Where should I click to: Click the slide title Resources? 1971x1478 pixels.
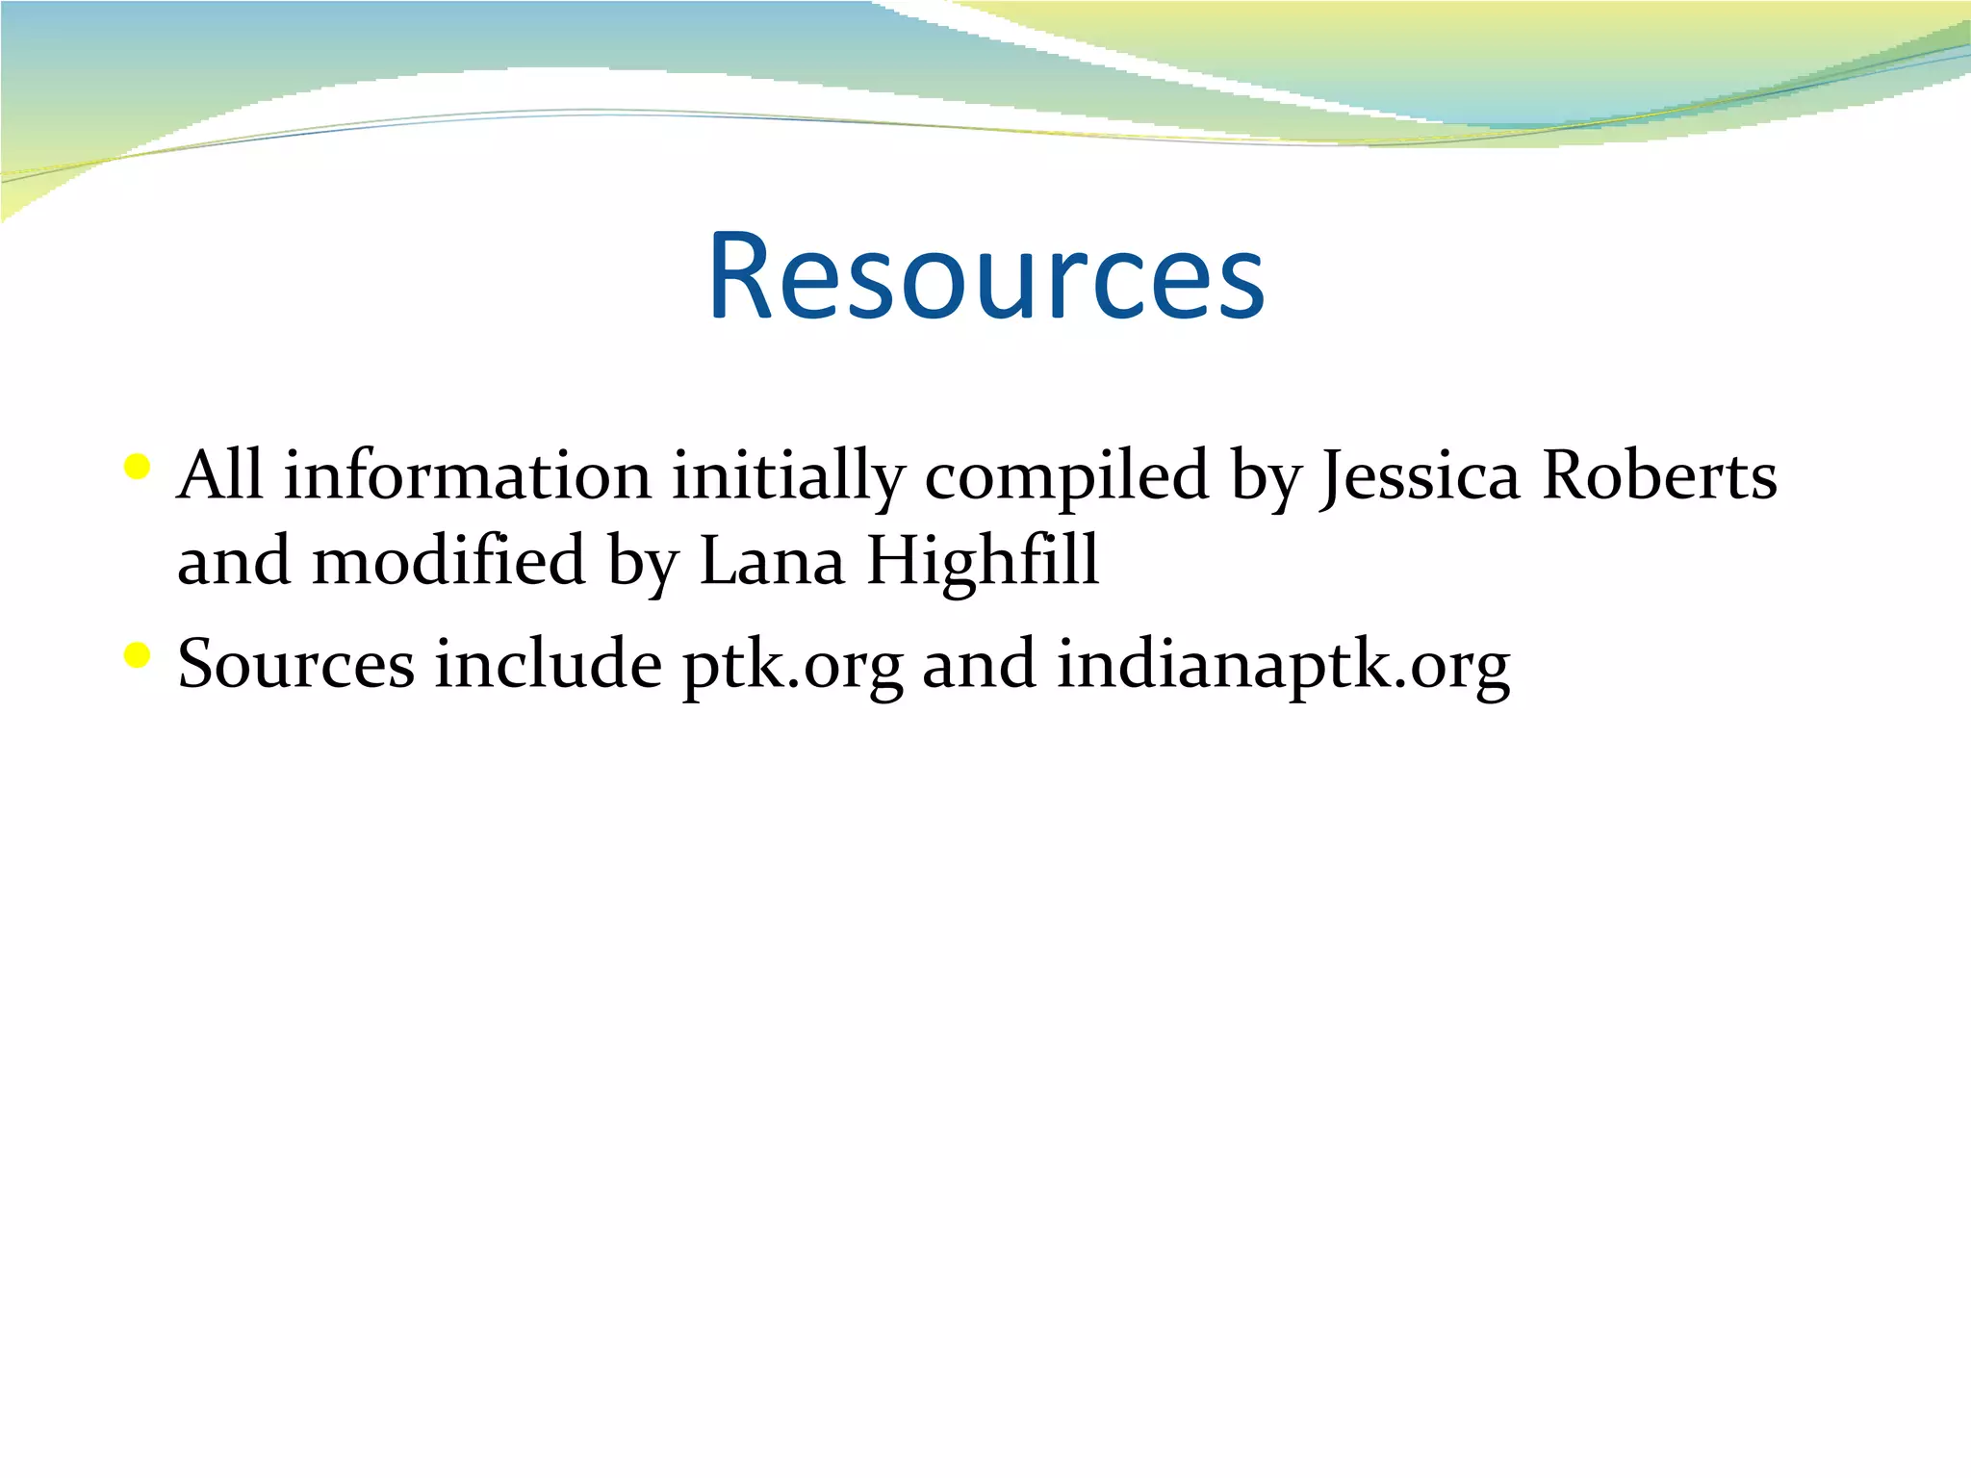986,277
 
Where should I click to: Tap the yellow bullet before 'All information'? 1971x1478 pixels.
138,469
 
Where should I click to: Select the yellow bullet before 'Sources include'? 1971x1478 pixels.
138,656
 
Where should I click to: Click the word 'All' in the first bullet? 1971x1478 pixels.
220,475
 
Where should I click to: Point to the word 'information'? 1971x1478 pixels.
468,475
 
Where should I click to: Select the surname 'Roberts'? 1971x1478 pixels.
1659,475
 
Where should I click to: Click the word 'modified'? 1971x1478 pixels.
449,560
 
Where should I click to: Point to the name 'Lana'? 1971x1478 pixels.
772,560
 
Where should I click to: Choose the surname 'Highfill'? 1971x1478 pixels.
983,560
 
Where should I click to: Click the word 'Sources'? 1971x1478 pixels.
296,664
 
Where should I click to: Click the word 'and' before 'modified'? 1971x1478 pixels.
234,560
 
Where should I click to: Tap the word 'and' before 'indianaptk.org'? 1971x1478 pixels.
980,664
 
